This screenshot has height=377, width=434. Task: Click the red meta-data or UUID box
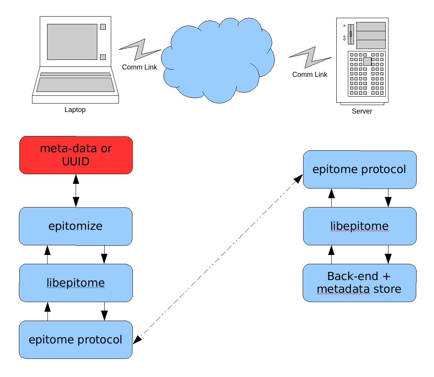76,155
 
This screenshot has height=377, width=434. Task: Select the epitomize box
76,226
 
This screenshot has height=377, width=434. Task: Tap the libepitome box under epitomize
76,283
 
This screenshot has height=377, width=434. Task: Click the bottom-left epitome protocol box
76,340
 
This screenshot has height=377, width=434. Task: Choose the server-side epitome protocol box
359,170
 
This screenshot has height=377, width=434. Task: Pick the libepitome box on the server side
359,226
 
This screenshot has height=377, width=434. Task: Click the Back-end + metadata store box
359,283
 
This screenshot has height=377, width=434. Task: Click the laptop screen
72,42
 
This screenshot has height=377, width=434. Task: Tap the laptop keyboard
76,85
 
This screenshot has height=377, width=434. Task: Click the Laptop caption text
75,110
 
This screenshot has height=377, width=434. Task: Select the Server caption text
362,111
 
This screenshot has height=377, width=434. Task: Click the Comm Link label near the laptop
139,67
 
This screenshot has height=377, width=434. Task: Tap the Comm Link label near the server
310,75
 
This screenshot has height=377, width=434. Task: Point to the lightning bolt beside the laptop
139,49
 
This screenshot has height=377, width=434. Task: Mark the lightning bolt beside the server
310,57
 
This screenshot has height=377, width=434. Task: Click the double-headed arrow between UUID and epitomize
76,190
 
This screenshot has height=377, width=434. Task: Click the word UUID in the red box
76,161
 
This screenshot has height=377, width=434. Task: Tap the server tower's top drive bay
371,27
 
